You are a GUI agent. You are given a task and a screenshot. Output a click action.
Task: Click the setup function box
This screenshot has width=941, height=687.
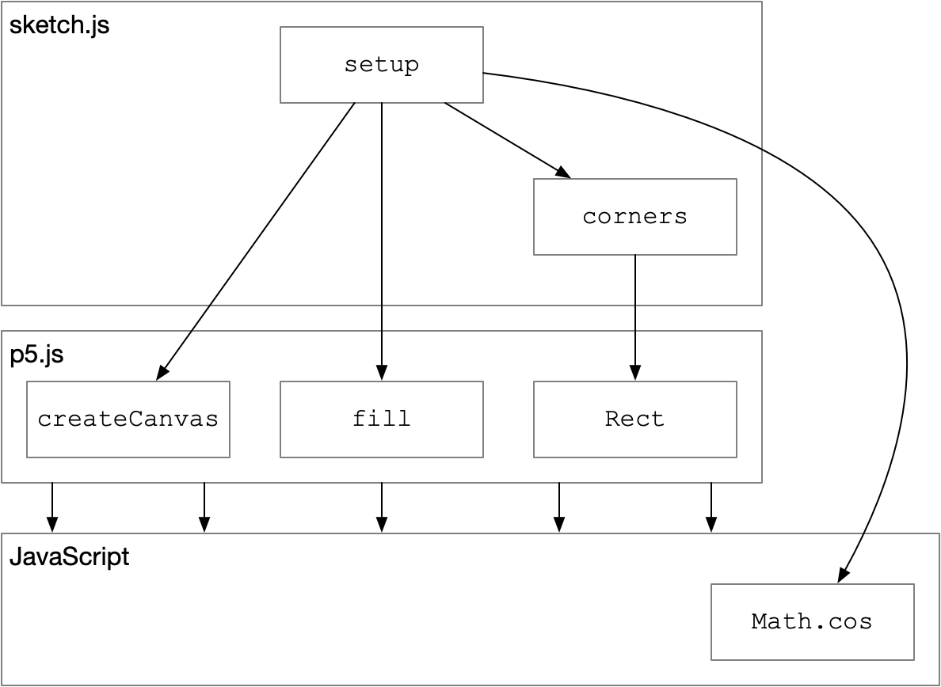point(382,65)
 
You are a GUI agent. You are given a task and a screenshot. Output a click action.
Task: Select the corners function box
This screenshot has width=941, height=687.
point(635,216)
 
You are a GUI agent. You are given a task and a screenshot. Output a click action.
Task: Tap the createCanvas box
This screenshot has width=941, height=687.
point(128,419)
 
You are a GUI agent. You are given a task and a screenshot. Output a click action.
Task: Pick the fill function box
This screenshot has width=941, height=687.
point(382,419)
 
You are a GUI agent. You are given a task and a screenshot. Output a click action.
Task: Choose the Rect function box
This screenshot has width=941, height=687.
point(635,419)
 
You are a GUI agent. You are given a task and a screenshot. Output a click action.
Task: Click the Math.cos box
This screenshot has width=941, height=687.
point(813,621)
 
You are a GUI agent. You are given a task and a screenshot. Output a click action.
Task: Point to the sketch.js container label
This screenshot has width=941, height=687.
point(59,26)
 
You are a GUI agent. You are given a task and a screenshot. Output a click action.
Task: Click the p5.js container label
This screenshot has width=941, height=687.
point(37,355)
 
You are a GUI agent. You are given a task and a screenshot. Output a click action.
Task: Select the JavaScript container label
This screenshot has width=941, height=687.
point(70,557)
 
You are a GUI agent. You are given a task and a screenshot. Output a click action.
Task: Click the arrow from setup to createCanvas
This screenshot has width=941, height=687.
point(256,241)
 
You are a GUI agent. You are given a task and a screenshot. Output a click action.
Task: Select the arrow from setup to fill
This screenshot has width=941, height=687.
point(382,241)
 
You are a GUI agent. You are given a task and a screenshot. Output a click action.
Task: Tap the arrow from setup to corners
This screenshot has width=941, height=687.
point(508,140)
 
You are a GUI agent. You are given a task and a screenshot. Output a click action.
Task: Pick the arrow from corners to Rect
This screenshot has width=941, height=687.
point(635,317)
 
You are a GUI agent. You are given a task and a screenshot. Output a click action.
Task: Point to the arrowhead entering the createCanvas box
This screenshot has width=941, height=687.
point(162,373)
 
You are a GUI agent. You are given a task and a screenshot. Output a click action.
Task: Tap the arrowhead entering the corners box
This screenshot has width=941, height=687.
point(563,173)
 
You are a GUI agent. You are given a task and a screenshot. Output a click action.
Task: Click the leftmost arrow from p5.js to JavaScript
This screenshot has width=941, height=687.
point(52,507)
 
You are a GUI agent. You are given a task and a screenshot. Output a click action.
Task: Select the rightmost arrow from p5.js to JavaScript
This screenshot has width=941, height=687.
point(711,507)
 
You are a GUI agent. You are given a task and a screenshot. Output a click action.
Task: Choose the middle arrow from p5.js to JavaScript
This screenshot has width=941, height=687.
point(382,507)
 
